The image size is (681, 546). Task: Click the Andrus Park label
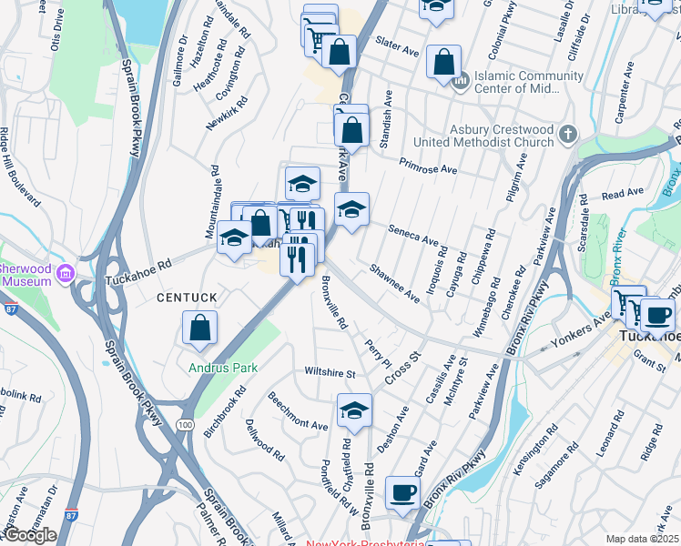(x=222, y=369)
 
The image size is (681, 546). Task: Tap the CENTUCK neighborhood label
(x=187, y=298)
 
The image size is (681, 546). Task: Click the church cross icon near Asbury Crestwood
(x=568, y=135)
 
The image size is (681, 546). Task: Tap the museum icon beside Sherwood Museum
(x=65, y=273)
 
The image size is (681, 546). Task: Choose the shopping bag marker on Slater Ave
(x=443, y=63)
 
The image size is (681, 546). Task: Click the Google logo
(x=30, y=535)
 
